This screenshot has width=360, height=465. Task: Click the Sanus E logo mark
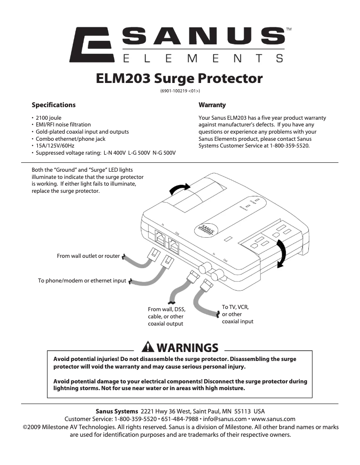pyautogui.click(x=94, y=44)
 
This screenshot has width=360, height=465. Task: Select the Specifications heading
pyautogui.click(x=53, y=105)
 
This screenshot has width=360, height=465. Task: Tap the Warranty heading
pyautogui.click(x=212, y=105)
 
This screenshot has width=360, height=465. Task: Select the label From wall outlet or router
pyautogui.click(x=88, y=256)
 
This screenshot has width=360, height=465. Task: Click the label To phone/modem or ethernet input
pyautogui.click(x=82, y=281)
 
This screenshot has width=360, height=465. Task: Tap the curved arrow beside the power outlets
pyautogui.click(x=281, y=254)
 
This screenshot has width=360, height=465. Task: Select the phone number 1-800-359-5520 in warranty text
pyautogui.click(x=289, y=146)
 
